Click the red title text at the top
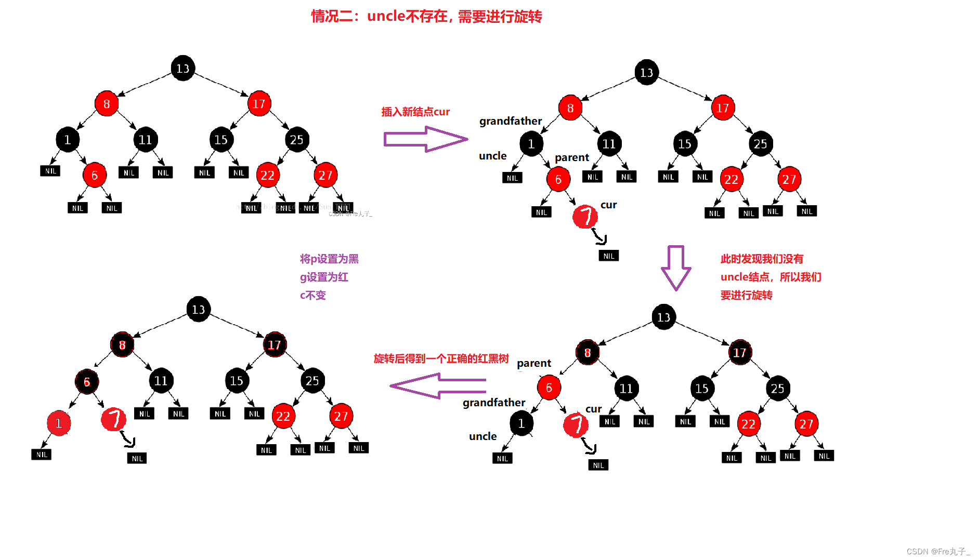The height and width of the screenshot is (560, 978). point(426,17)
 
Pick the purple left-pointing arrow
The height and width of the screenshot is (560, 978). point(438,386)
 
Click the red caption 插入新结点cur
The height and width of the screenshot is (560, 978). point(415,112)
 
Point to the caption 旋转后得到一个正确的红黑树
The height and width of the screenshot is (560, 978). point(441,358)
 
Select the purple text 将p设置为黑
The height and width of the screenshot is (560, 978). point(329,259)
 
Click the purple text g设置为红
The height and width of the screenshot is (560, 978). point(324,277)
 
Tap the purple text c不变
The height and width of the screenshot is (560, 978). point(312,295)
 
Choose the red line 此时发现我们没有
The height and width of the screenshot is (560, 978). point(762,259)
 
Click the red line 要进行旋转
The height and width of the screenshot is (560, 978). point(746,295)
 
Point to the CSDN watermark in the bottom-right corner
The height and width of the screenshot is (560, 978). point(938,551)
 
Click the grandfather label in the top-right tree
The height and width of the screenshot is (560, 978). point(510,121)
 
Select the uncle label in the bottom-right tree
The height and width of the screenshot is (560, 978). point(483,436)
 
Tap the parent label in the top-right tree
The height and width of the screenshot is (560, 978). point(571,157)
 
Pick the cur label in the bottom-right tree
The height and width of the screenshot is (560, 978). point(593,409)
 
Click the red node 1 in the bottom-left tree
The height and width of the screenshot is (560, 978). point(59,423)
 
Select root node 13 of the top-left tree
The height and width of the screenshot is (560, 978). point(182,69)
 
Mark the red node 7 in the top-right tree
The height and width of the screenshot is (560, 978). point(585,216)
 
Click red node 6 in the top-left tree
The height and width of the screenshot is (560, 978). point(94,175)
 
